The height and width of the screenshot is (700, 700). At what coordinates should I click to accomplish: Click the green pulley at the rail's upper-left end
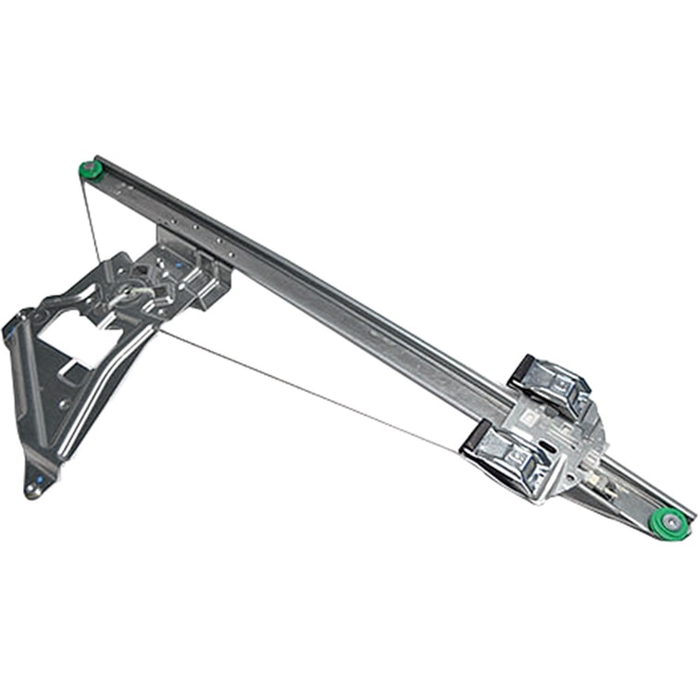90,169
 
